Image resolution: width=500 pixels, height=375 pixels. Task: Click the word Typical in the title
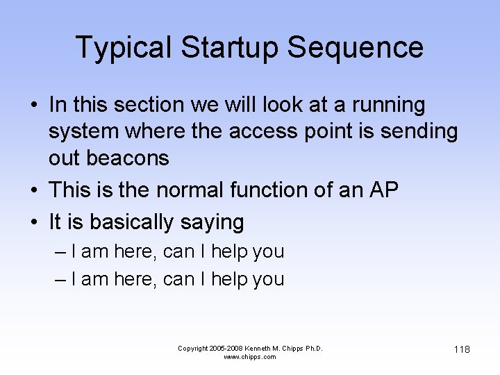click(122, 48)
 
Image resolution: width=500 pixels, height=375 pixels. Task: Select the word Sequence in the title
click(355, 48)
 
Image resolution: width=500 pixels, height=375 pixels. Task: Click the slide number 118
click(462, 349)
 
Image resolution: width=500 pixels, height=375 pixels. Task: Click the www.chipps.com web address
click(250, 357)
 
